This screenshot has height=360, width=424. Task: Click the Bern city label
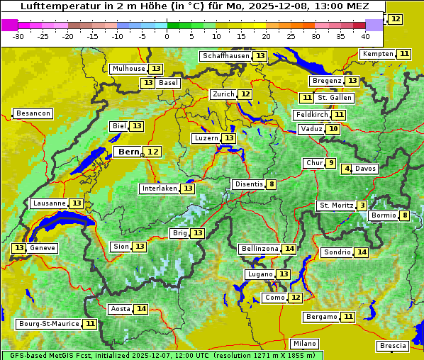pyautogui.click(x=129, y=152)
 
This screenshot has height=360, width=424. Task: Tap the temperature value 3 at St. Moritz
pyautogui.click(x=362, y=206)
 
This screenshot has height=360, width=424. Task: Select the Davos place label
pyautogui.click(x=366, y=169)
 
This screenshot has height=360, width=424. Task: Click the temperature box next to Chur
pyautogui.click(x=331, y=163)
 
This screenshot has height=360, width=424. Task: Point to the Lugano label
pyautogui.click(x=260, y=274)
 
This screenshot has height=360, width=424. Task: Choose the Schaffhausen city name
pyautogui.click(x=225, y=56)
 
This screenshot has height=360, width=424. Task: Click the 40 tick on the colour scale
pyautogui.click(x=365, y=36)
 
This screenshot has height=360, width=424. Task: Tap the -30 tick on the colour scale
pyautogui.click(x=18, y=36)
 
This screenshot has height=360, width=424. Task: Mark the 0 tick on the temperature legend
pyautogui.click(x=167, y=36)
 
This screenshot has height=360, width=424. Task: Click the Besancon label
pyautogui.click(x=33, y=113)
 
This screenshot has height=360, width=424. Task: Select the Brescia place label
pyautogui.click(x=393, y=346)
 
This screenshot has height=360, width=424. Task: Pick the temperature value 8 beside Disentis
pyautogui.click(x=272, y=184)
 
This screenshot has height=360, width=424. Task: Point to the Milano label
pyautogui.click(x=306, y=343)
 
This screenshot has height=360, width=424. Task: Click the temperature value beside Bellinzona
pyautogui.click(x=289, y=249)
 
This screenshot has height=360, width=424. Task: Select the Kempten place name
pyautogui.click(x=378, y=54)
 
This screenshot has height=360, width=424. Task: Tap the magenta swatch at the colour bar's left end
pyautogui.click(x=10, y=25)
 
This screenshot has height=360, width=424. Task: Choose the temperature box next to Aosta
pyautogui.click(x=142, y=309)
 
